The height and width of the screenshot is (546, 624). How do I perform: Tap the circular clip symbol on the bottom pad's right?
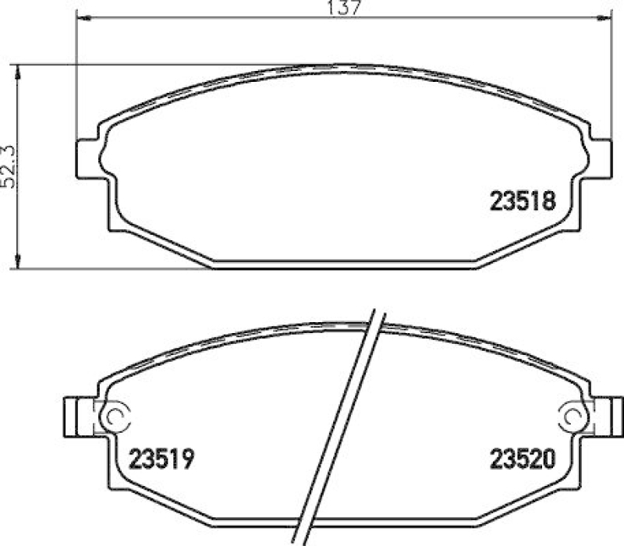576,416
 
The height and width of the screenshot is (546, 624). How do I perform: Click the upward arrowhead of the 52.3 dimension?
18,72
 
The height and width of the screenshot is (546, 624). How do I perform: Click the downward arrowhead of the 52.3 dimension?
18,263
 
